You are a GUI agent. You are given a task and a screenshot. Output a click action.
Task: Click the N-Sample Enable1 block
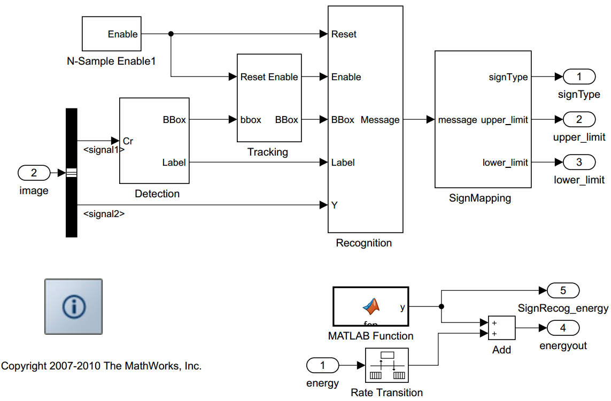(111, 34)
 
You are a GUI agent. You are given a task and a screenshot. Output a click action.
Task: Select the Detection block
(154, 140)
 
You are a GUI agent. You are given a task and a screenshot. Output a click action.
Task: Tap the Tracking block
(269, 98)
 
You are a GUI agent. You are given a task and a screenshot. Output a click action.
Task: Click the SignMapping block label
(480, 198)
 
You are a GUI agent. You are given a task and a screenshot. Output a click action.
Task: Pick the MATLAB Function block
(370, 306)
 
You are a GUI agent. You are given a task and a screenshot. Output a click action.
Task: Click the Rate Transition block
(386, 365)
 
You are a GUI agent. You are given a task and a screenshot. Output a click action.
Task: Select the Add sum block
(501, 328)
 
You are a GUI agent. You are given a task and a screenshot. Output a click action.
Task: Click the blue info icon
(73, 306)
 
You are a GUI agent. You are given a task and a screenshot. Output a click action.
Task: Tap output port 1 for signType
(579, 77)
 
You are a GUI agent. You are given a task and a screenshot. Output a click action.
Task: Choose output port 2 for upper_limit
(579, 120)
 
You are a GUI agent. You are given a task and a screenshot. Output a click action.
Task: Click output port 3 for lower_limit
(579, 162)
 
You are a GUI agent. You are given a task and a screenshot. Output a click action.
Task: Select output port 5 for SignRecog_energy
(563, 291)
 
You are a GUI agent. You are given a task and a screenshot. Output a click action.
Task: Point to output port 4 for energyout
(563, 328)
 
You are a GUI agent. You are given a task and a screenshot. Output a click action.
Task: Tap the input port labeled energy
(322, 365)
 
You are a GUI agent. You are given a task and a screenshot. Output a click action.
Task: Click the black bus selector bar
(71, 172)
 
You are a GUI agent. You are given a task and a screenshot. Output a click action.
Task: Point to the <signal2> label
(104, 214)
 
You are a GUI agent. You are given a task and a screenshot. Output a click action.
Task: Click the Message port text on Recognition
(380, 120)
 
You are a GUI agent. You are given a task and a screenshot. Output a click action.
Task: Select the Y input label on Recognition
(335, 205)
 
